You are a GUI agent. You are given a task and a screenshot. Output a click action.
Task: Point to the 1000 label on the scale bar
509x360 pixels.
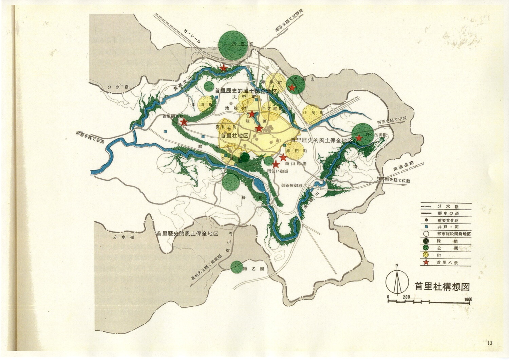point(468,299)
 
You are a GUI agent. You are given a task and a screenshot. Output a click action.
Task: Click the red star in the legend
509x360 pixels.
point(425,263)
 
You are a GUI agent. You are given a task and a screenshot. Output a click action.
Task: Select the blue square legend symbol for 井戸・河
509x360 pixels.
point(425,227)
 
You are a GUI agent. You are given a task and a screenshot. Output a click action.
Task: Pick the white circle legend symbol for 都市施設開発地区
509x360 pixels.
point(425,234)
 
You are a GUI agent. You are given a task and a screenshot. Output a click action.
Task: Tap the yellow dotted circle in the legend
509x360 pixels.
point(425,255)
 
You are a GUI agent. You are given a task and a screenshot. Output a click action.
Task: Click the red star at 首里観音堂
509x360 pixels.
point(184,122)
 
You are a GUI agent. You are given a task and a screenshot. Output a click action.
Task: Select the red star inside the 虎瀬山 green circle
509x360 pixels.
point(292,88)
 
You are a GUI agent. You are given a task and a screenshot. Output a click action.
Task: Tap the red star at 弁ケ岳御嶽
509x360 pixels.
point(359,138)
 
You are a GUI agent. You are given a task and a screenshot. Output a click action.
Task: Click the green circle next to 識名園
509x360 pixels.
point(237,267)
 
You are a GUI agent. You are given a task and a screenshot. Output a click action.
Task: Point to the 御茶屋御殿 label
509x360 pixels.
point(294,185)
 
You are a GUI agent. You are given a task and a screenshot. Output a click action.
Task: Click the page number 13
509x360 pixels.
point(490,343)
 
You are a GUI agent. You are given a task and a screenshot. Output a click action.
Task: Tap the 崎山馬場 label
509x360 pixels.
point(296,164)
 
